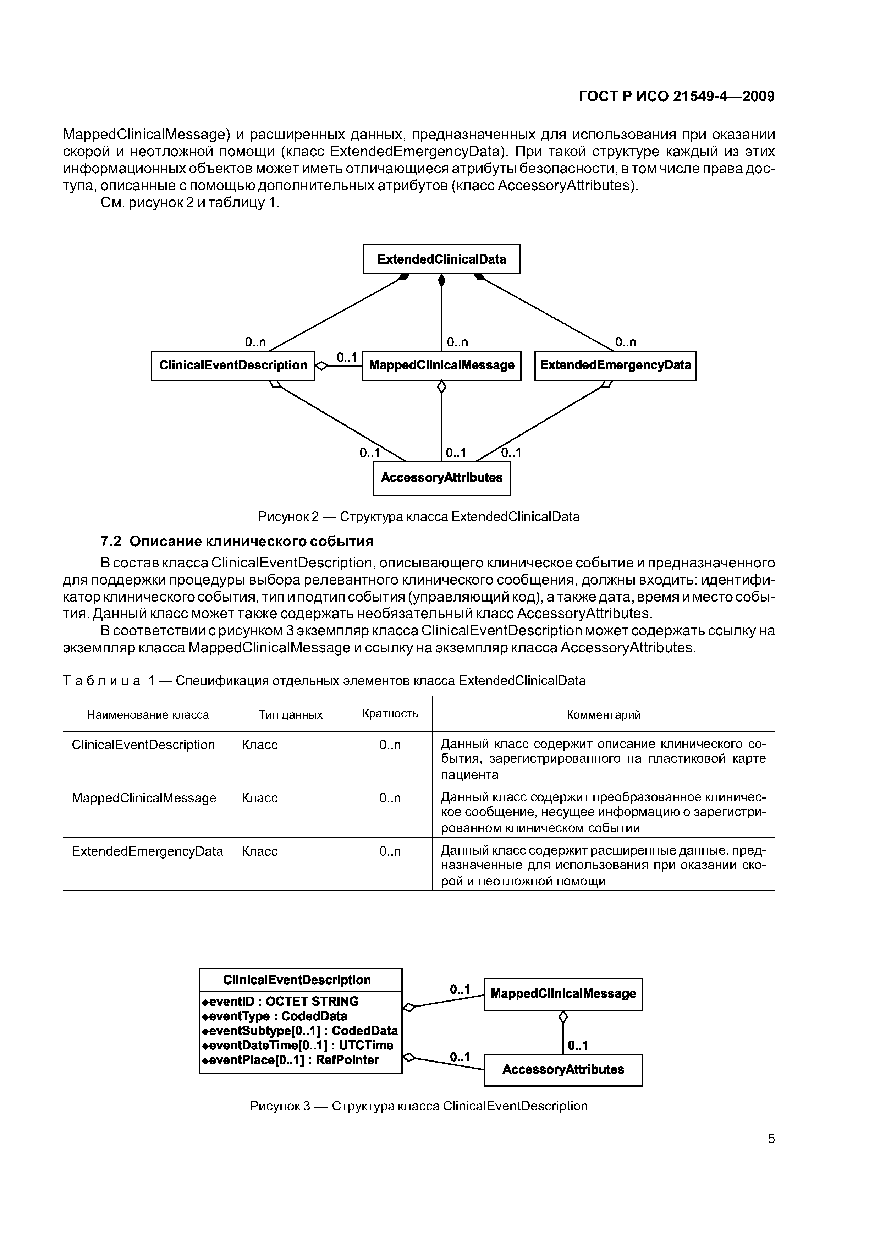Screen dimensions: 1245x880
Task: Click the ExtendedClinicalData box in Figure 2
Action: pyautogui.click(x=441, y=259)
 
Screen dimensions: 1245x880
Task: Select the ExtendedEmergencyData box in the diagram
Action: pyautogui.click(x=615, y=366)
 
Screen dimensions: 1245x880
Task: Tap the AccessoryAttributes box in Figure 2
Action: pyautogui.click(x=441, y=478)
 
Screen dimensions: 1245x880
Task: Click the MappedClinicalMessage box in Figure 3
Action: pyautogui.click(x=563, y=994)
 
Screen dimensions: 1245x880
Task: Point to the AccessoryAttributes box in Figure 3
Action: pyautogui.click(x=563, y=1070)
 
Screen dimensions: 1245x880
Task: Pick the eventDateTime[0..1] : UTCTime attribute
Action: pyautogui.click(x=297, y=1046)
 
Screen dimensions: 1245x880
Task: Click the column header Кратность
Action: pyautogui.click(x=390, y=714)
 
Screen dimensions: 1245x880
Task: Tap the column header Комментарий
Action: pyautogui.click(x=604, y=715)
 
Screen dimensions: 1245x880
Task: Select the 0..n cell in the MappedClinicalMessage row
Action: pyautogui.click(x=390, y=798)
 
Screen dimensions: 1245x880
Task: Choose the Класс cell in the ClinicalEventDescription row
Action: pyautogui.click(x=260, y=745)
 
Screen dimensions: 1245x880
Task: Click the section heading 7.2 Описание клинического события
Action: pyautogui.click(x=237, y=542)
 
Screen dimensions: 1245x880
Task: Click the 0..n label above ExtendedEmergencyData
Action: pyautogui.click(x=625, y=342)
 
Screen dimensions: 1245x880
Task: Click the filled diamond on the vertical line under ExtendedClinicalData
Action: pyautogui.click(x=441, y=280)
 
